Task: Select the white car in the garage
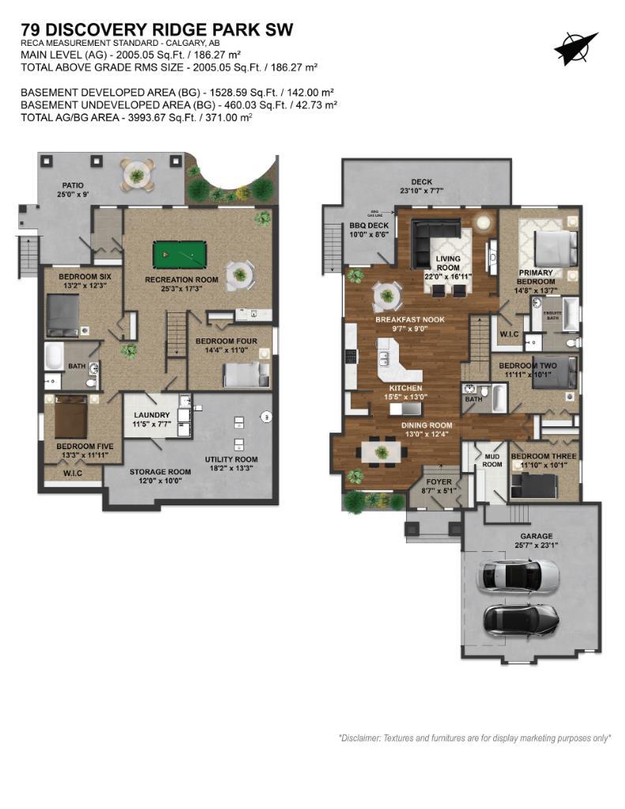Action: (518, 577)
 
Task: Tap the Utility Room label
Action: (231, 459)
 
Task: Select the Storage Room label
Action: (160, 471)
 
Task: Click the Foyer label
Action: (439, 481)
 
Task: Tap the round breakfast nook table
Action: (387, 297)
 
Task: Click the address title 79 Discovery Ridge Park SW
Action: (157, 30)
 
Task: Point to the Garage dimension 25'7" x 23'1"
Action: (519, 544)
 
